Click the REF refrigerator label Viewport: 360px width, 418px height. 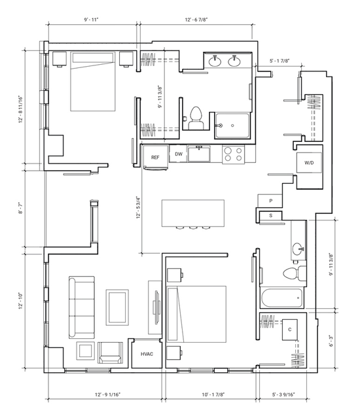[x=155, y=157]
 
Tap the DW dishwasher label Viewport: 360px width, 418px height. [x=179, y=154]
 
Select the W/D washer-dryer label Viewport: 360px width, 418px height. [x=309, y=163]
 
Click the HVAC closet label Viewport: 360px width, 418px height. [x=147, y=354]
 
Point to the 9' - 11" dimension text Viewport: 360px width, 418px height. [x=91, y=20]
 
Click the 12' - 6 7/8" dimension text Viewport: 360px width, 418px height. [x=196, y=20]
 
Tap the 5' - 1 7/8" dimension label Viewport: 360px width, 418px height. [x=279, y=61]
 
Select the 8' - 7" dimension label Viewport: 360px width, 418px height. [x=21, y=208]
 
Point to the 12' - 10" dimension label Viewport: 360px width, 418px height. [x=21, y=302]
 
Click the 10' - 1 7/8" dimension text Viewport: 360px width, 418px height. [x=213, y=394]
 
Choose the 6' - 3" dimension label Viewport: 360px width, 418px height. [x=331, y=341]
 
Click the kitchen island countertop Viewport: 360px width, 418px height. [x=193, y=213]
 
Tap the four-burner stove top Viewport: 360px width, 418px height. [x=233, y=154]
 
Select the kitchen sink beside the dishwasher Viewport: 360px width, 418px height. [x=199, y=154]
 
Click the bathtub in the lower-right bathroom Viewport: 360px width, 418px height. [x=282, y=298]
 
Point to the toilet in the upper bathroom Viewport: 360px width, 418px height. [x=196, y=118]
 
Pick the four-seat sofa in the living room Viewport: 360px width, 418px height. [x=82, y=307]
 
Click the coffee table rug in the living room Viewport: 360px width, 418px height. [x=117, y=307]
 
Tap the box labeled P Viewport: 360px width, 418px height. [x=270, y=201]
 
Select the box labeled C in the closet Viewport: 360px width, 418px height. [x=290, y=330]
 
